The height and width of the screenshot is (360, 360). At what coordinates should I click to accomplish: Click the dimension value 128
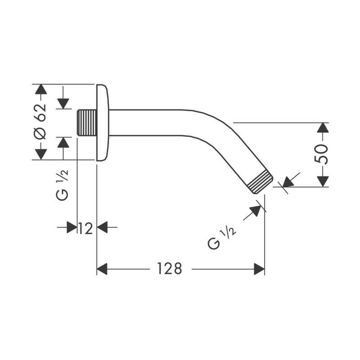click(x=170, y=269)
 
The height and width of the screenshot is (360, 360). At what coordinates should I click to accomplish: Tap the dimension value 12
click(x=85, y=228)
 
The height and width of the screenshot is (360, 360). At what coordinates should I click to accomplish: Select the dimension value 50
click(x=323, y=154)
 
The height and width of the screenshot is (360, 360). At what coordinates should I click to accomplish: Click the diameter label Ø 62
click(x=40, y=121)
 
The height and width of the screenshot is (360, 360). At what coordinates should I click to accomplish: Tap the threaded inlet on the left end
click(x=87, y=122)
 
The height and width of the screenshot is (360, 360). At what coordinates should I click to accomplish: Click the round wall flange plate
click(x=103, y=122)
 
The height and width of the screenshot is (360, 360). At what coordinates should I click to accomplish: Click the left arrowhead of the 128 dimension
click(x=103, y=269)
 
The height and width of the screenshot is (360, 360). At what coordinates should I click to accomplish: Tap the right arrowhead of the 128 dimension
click(x=259, y=269)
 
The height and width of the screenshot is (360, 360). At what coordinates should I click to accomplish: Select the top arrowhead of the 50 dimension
click(x=322, y=127)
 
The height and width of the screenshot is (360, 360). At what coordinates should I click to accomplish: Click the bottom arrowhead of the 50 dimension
click(x=322, y=181)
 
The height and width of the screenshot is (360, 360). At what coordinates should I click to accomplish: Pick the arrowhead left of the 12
click(x=72, y=228)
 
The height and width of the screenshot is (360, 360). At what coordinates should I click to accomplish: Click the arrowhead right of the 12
click(x=103, y=228)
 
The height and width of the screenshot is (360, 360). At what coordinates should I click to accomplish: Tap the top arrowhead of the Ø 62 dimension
click(x=41, y=89)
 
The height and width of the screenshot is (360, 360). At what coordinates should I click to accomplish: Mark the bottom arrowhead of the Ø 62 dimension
click(x=41, y=154)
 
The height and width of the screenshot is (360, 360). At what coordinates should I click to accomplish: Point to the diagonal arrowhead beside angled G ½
click(x=256, y=211)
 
